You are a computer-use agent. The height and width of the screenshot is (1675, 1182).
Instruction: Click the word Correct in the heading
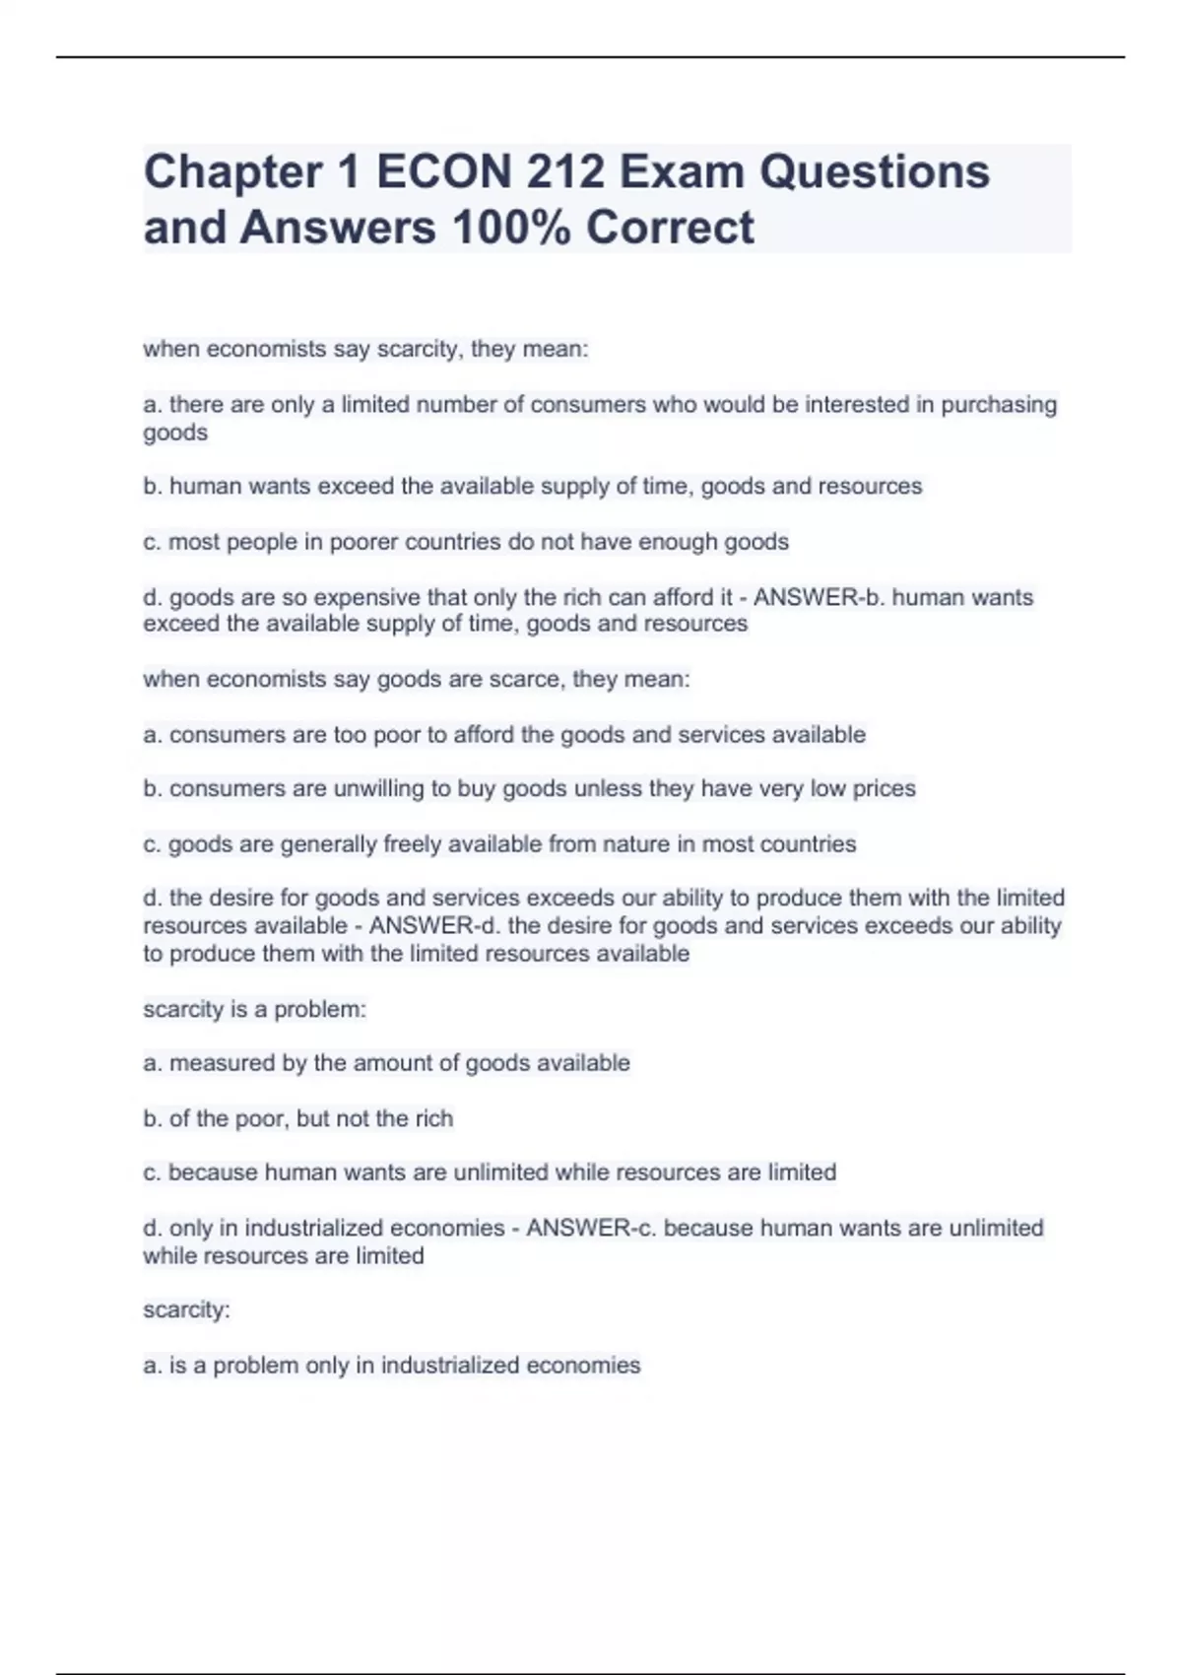pos(670,227)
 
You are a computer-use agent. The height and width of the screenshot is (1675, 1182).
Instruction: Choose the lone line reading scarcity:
pos(186,1310)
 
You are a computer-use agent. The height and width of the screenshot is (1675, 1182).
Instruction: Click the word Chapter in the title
pos(232,171)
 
